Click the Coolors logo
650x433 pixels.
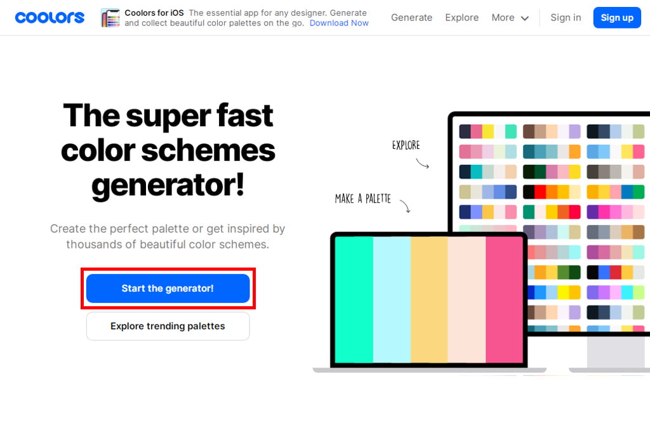point(50,17)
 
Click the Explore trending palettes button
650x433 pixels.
point(168,326)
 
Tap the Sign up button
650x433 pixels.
point(617,17)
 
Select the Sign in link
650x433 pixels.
point(566,17)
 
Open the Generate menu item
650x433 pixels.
point(411,17)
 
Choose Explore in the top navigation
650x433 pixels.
point(462,17)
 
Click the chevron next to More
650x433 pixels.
point(524,18)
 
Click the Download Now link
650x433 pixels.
point(339,23)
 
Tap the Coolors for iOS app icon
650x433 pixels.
point(110,18)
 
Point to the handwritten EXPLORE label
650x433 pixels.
point(406,145)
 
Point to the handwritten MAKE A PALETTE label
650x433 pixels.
point(362,198)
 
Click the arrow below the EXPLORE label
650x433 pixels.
point(422,164)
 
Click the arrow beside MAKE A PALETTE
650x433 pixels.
point(406,206)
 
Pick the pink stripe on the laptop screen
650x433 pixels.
point(505,300)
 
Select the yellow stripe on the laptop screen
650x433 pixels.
point(429,300)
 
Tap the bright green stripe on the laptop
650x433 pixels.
point(354,300)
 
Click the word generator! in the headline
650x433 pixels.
point(168,185)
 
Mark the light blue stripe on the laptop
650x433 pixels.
point(392,300)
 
